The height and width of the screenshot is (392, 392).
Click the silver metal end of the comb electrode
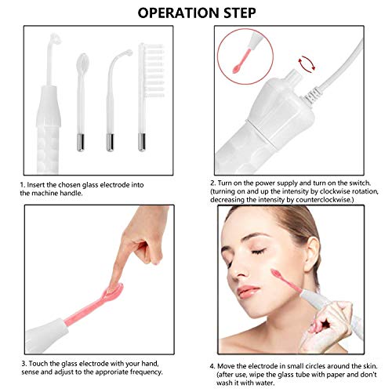142,141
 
